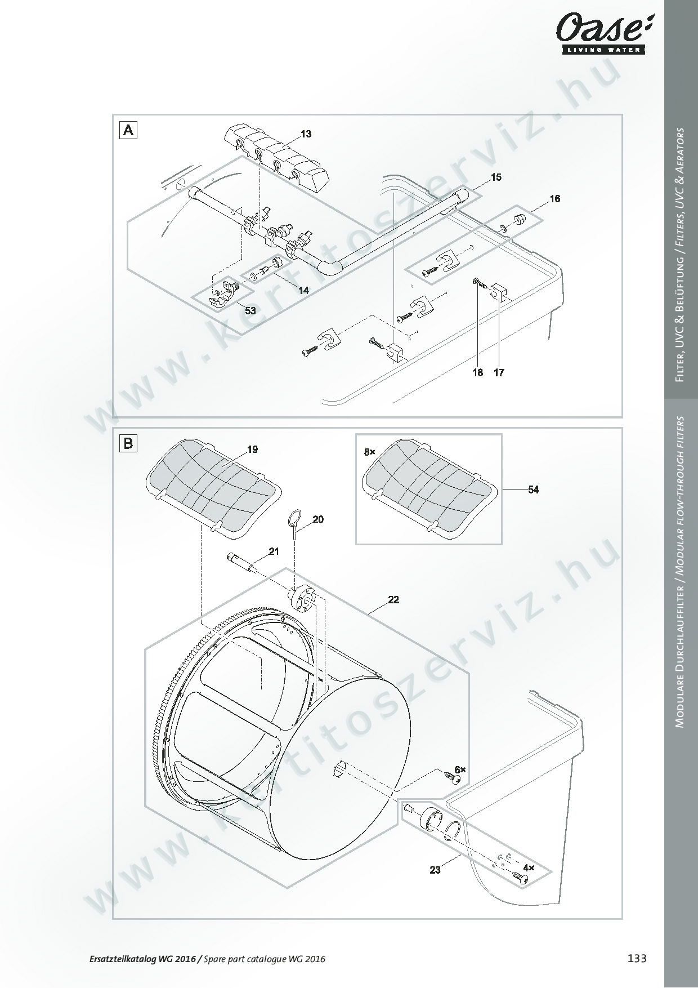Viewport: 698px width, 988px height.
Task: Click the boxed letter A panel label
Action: pos(128,131)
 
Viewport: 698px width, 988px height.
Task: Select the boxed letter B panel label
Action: pos(128,443)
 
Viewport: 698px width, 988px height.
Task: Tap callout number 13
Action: pos(306,134)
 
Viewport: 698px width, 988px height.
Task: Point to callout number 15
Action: pos(496,177)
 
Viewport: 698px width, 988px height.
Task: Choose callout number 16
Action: pos(555,199)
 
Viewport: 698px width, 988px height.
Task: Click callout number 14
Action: pos(303,291)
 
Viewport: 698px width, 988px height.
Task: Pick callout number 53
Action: pos(250,310)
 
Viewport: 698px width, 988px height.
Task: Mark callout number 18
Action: pos(477,372)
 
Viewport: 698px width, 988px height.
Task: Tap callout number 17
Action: pos(499,372)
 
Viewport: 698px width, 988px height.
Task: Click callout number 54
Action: pos(533,490)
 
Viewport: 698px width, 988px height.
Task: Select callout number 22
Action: pos(393,600)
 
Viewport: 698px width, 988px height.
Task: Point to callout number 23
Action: pos(435,870)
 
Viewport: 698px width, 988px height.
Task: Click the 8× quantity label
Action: pos(369,452)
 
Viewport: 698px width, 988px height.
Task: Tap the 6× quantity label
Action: pos(460,769)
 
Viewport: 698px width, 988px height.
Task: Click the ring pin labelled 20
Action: pos(296,522)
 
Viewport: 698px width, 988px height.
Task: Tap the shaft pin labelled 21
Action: pos(242,562)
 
